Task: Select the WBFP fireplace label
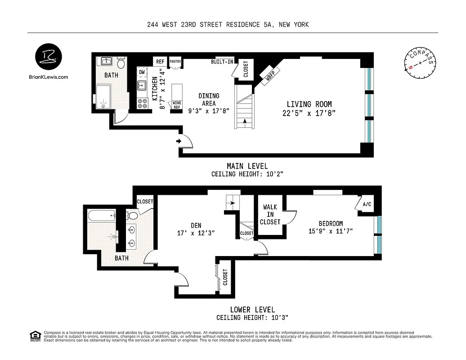(x=272, y=74)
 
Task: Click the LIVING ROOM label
(x=309, y=104)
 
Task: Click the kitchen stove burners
(x=143, y=103)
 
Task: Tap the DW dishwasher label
(x=142, y=72)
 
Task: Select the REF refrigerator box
(x=159, y=62)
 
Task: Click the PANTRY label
(x=175, y=62)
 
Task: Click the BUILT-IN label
(x=222, y=62)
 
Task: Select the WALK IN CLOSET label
(x=270, y=215)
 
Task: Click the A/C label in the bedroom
(x=367, y=204)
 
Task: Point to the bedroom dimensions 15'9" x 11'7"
(x=331, y=231)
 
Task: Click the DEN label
(x=196, y=225)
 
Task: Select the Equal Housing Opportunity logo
(x=34, y=336)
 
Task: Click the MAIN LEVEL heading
(x=247, y=166)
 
